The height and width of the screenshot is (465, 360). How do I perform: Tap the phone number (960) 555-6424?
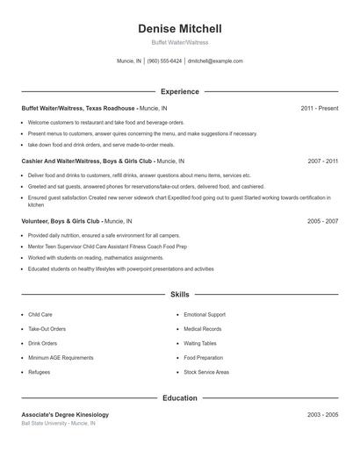164,61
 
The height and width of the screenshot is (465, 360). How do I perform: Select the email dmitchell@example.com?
215,61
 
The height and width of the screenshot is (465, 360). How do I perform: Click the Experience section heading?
180,91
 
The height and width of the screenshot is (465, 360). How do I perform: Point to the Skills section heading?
180,295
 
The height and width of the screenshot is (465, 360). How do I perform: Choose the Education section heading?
180,398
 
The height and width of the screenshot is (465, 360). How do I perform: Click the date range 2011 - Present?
319,108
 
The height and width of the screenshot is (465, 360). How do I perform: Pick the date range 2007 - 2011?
322,161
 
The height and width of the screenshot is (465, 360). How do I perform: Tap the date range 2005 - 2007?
322,221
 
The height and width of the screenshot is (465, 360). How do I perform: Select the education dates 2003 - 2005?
322,414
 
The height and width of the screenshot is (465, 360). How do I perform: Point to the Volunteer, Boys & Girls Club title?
61,221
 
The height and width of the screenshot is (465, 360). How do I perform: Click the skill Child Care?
40,314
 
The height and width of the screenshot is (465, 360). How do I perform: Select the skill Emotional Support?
205,314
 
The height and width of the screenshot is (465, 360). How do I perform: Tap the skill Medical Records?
203,329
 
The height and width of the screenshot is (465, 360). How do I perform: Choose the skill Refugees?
40,373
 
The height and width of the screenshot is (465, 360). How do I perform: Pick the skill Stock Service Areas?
206,373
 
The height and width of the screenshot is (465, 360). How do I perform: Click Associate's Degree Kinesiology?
65,414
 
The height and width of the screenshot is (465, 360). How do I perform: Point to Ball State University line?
58,423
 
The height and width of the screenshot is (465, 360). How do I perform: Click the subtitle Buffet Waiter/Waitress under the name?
180,42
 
